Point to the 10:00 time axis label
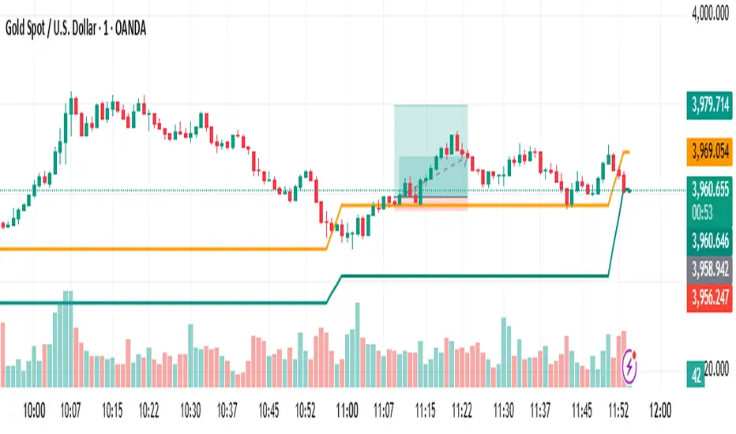point(35,411)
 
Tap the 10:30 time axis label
point(190,411)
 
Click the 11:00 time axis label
point(347,411)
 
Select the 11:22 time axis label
point(462,411)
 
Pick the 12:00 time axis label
point(659,411)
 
